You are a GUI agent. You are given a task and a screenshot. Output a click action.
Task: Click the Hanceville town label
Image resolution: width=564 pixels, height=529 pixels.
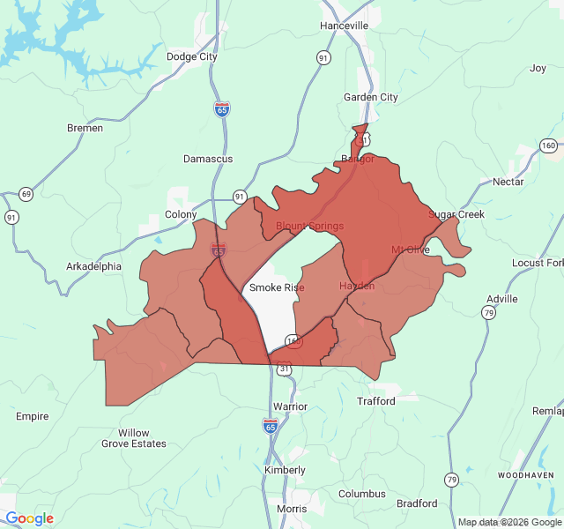(x=345, y=26)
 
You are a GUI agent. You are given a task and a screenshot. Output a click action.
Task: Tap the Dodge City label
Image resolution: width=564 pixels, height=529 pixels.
(x=191, y=56)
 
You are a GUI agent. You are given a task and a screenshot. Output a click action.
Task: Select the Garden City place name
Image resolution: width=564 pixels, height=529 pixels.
(x=370, y=97)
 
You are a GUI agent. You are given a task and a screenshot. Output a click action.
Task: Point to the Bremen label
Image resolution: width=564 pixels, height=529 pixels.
(x=85, y=128)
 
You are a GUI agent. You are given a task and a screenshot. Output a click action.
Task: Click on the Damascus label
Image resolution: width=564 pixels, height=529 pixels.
(x=208, y=159)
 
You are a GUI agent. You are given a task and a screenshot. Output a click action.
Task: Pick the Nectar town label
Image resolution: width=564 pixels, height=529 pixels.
(x=508, y=182)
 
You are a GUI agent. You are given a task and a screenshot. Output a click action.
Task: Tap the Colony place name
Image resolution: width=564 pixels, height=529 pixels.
(x=181, y=214)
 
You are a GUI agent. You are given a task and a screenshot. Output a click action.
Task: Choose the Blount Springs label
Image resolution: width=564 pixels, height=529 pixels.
(x=309, y=226)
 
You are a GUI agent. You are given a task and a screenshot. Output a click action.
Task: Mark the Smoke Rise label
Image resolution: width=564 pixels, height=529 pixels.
(x=277, y=287)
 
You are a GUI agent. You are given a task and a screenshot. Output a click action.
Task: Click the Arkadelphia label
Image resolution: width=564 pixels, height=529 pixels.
(x=94, y=265)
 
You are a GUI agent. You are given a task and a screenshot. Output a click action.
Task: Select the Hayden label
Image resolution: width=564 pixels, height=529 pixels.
(x=357, y=286)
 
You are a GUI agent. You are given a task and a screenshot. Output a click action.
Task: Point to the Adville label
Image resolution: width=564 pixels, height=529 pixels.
(x=501, y=299)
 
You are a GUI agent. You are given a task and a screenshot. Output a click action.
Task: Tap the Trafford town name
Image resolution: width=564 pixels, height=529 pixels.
(x=376, y=400)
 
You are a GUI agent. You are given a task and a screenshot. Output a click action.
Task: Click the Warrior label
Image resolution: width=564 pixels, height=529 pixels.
(x=290, y=406)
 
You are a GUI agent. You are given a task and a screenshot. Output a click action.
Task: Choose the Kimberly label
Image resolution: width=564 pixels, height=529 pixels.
(x=285, y=470)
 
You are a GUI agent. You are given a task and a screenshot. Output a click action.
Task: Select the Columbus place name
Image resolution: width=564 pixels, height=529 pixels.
(x=361, y=494)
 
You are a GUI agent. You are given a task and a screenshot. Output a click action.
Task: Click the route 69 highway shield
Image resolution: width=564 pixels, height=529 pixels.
(x=26, y=194)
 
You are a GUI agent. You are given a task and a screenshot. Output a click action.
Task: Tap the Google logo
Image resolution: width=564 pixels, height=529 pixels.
(x=29, y=518)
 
